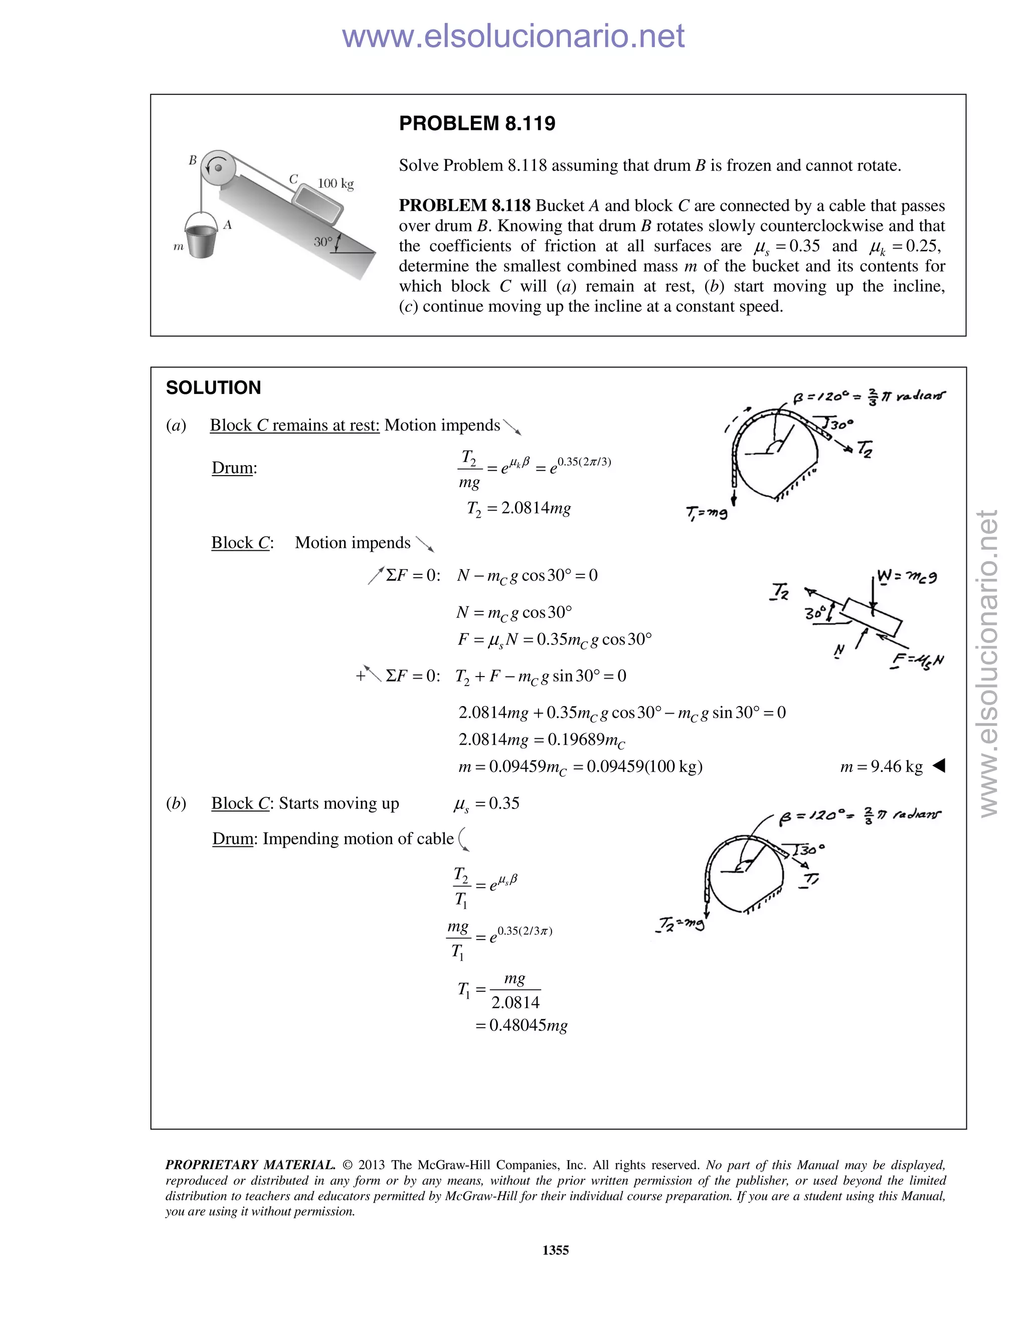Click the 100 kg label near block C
[x=335, y=183]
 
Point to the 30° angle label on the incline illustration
[x=323, y=242]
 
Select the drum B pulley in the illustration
[x=218, y=166]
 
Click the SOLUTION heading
[x=213, y=387]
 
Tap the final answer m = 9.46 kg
[x=881, y=766]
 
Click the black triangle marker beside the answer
[x=939, y=766]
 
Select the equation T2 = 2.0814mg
[x=519, y=508]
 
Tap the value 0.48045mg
[x=528, y=1025]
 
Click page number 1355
[x=555, y=1250]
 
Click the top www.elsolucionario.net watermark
[x=513, y=37]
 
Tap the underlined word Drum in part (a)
[x=231, y=468]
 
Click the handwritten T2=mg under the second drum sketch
[x=680, y=924]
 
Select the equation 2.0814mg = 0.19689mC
[x=541, y=739]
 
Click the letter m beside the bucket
[x=178, y=247]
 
